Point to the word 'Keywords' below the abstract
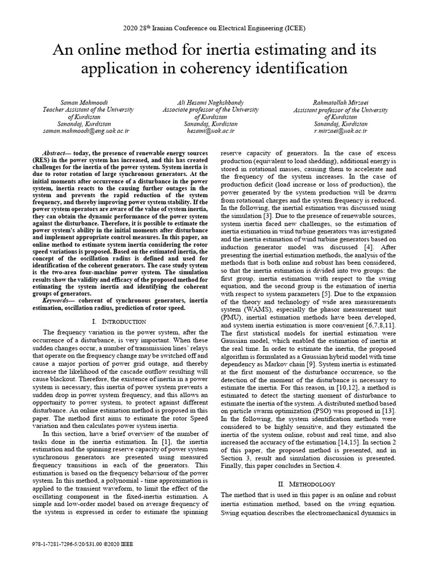tap(59, 299)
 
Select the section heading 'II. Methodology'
tap(310, 483)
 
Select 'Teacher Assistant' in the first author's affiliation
tap(64, 110)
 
